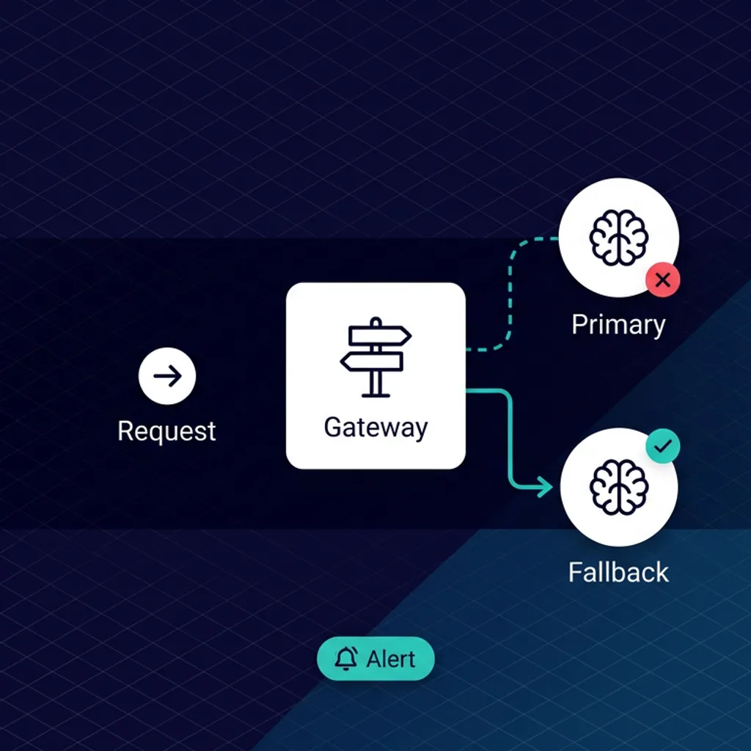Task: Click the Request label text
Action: pyautogui.click(x=166, y=431)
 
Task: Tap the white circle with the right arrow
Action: pyautogui.click(x=167, y=376)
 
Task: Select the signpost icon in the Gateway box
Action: pyautogui.click(x=375, y=356)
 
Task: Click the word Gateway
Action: pyautogui.click(x=375, y=428)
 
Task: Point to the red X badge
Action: pyautogui.click(x=662, y=279)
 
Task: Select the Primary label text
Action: pyautogui.click(x=618, y=324)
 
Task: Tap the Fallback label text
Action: pyautogui.click(x=618, y=572)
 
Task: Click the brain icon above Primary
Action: pyautogui.click(x=618, y=238)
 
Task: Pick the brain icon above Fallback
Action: pyautogui.click(x=618, y=487)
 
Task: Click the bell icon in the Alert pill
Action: pyautogui.click(x=345, y=659)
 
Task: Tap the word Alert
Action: pyautogui.click(x=391, y=659)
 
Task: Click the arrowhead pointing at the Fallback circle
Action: pyautogui.click(x=546, y=486)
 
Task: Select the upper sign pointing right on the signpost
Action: pyautogui.click(x=379, y=335)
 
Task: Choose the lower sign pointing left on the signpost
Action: pyautogui.click(x=373, y=361)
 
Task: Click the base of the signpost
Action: pyautogui.click(x=375, y=395)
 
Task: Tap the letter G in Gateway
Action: pyautogui.click(x=332, y=427)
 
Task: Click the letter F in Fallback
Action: pyautogui.click(x=576, y=572)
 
